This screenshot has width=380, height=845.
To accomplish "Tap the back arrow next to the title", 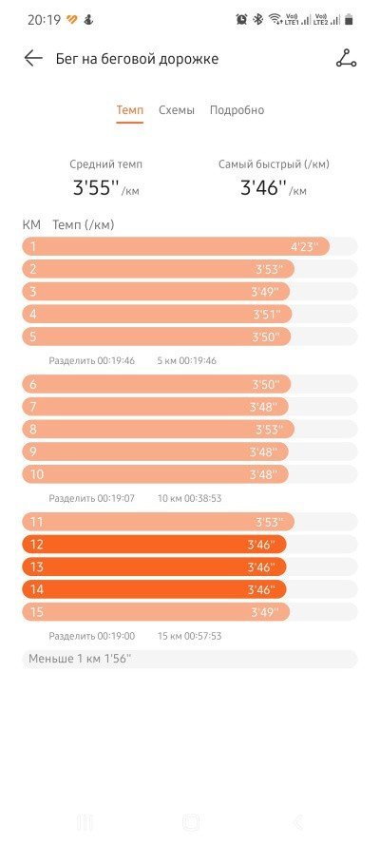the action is click(33, 58).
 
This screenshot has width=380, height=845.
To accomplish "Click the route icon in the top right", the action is click(346, 58).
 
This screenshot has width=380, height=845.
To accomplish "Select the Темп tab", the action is click(130, 110).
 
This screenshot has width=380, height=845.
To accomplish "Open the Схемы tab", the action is click(177, 110).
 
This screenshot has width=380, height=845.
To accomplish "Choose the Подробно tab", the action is click(237, 110).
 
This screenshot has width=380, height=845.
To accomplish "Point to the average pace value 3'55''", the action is click(95, 187).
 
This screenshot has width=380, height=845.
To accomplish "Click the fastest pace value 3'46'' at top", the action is click(262, 187).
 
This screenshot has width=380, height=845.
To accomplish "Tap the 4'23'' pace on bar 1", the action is click(305, 247).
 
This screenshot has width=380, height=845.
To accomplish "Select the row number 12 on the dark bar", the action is click(37, 545).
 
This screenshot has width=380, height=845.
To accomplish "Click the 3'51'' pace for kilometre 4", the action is click(267, 315).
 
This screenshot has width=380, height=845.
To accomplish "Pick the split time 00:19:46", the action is click(116, 360).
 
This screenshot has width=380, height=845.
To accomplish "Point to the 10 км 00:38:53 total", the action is click(189, 498).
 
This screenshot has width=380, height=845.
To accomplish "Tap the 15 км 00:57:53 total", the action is click(189, 636).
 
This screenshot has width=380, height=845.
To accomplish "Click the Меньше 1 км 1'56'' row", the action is click(80, 659).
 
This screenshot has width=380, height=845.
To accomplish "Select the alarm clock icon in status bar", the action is click(241, 19).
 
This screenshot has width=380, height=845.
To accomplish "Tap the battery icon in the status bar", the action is click(350, 19).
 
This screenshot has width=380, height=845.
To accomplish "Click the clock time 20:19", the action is click(44, 20).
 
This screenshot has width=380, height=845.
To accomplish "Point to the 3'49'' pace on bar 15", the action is click(265, 612).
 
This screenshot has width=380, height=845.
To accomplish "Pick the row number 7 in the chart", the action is click(33, 406).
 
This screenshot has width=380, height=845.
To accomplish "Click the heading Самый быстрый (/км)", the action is click(274, 164).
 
